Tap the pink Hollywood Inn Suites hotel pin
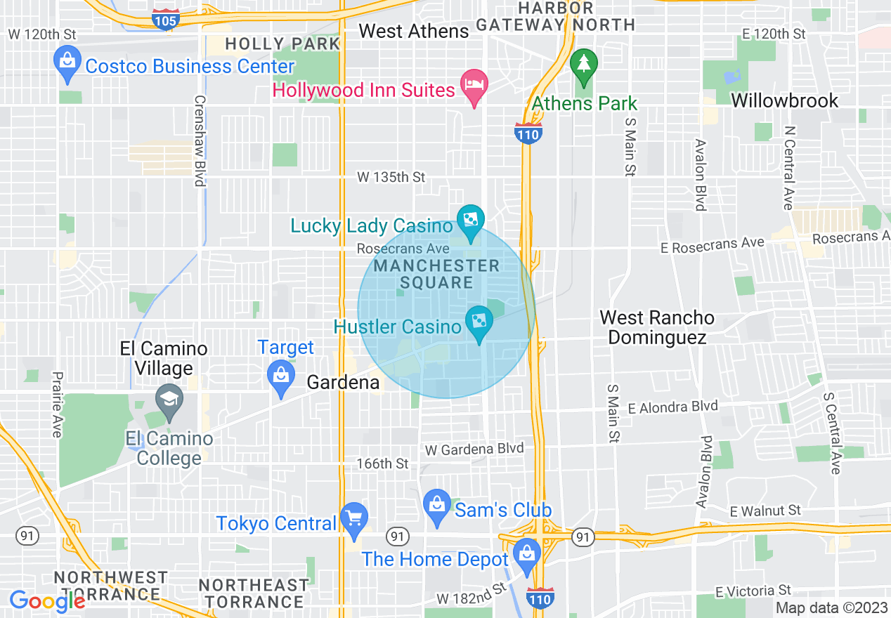click(x=474, y=85)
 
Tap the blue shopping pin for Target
click(x=281, y=376)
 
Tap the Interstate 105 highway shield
click(x=165, y=19)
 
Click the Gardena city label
click(x=344, y=383)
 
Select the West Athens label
click(x=413, y=31)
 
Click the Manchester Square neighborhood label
click(x=436, y=274)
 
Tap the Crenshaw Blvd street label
click(x=200, y=140)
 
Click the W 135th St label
click(x=391, y=177)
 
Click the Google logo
click(x=47, y=601)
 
